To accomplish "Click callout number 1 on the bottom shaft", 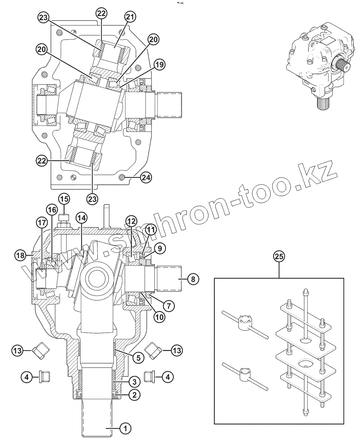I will (125, 427).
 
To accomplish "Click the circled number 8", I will (193, 279).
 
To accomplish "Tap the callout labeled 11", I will (150, 230).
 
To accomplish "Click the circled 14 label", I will (82, 218).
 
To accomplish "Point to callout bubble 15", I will (64, 199).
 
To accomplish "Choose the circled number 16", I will (51, 209).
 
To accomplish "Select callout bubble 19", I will (159, 65).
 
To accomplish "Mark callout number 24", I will (146, 178).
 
